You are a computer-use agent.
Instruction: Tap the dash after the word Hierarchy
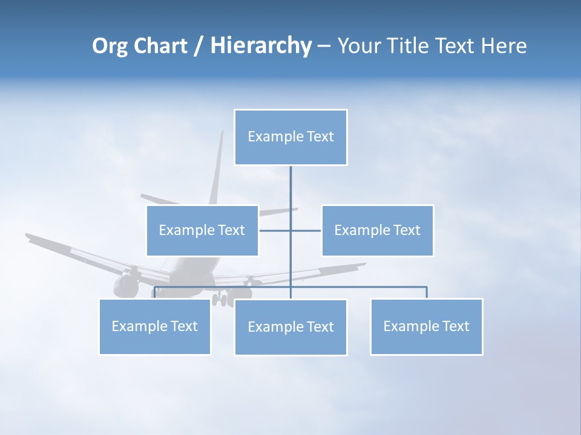pos(324,47)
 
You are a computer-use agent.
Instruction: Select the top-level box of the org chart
pos(290,137)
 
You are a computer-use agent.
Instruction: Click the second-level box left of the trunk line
pos(202,230)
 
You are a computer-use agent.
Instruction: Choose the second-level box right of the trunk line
pos(377,230)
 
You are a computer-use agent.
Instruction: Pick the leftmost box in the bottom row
pos(155,326)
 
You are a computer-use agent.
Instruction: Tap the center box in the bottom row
pos(290,327)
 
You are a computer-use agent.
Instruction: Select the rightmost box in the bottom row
pos(426,326)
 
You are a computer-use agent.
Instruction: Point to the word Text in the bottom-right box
pos(455,326)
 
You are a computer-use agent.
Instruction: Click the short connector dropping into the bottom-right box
pos(427,292)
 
